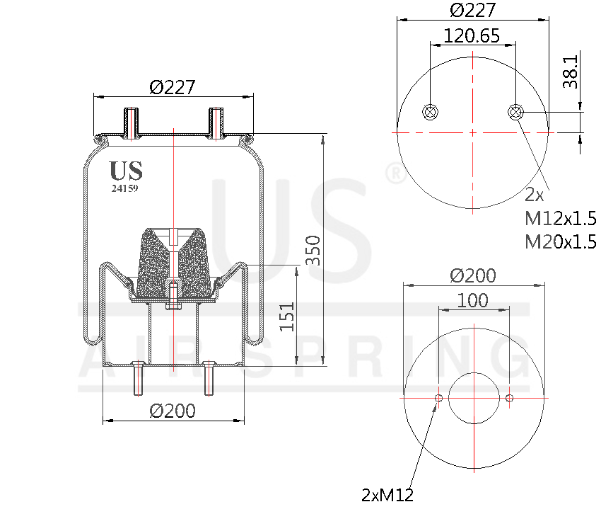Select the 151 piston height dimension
tap(286, 316)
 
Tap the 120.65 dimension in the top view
tap(472, 35)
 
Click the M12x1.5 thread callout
tap(560, 217)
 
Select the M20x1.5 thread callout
tap(560, 241)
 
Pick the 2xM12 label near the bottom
tap(387, 495)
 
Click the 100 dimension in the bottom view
tap(472, 300)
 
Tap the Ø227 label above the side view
tap(173, 87)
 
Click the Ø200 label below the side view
tap(173, 411)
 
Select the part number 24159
tap(124, 188)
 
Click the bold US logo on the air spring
tap(126, 171)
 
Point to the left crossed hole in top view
tap(429, 111)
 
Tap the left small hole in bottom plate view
tap(438, 399)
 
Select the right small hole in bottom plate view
tap(509, 399)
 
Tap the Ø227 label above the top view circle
tap(472, 10)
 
